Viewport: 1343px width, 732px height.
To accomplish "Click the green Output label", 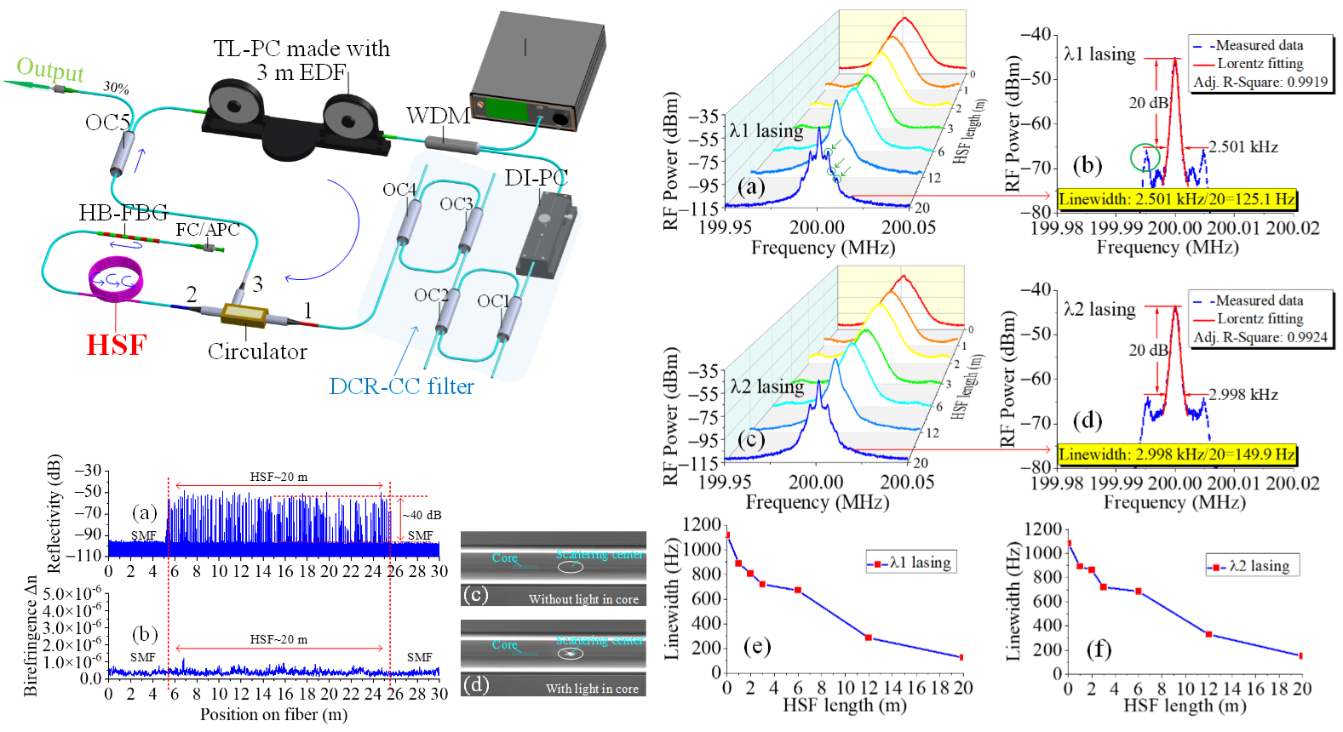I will (x=50, y=69).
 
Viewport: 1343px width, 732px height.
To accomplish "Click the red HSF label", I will (x=117, y=345).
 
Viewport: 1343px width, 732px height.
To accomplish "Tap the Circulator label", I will (x=257, y=352).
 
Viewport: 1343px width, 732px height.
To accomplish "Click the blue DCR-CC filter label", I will (x=401, y=386).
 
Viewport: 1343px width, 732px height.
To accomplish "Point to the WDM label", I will (x=438, y=116).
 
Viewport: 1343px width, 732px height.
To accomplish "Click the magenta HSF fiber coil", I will (x=116, y=281).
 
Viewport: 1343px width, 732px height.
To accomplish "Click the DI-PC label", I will (x=536, y=178).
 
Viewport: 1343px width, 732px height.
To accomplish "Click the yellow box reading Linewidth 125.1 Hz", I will (x=1177, y=199).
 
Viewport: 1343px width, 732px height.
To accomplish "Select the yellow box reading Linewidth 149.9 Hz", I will (x=1177, y=455).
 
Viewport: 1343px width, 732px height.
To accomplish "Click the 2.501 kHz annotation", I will (x=1243, y=147).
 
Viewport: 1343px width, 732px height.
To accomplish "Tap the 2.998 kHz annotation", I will (x=1243, y=395).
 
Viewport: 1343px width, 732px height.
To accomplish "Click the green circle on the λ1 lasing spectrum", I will (x=1145, y=157).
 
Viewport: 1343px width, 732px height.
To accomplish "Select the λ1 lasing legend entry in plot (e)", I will (x=910, y=563).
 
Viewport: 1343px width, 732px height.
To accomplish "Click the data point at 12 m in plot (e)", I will (x=868, y=638).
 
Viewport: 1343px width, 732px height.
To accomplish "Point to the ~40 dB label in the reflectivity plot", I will (x=422, y=515).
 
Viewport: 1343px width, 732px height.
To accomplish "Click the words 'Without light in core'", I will (x=583, y=599).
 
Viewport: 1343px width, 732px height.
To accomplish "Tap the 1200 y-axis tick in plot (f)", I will (x=1043, y=529).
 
